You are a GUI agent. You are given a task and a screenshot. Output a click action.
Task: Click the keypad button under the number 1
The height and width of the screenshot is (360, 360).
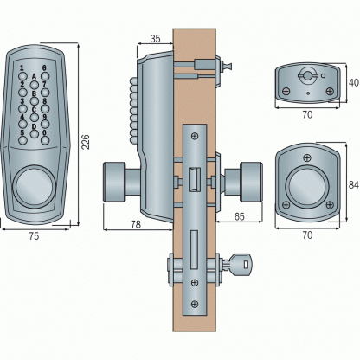click(x=22, y=76)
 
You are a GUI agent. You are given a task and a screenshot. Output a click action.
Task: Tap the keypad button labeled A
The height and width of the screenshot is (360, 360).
click(x=35, y=85)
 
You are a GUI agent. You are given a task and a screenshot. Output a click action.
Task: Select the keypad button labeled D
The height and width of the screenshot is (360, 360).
click(x=35, y=134)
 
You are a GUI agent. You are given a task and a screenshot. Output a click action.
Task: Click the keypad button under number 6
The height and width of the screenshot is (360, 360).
click(x=45, y=76)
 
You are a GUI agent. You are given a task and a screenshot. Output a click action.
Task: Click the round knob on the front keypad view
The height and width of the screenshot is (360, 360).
click(x=34, y=187)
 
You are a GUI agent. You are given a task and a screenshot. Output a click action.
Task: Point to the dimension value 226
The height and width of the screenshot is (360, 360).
click(x=86, y=142)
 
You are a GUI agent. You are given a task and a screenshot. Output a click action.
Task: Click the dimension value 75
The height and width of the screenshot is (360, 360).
click(x=34, y=236)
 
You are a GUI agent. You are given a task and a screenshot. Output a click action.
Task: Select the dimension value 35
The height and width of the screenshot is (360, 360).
click(x=155, y=39)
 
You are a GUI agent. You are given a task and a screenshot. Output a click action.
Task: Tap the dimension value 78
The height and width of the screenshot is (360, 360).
click(x=136, y=224)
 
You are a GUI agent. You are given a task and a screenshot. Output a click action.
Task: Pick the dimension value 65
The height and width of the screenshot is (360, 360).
click(x=240, y=216)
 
